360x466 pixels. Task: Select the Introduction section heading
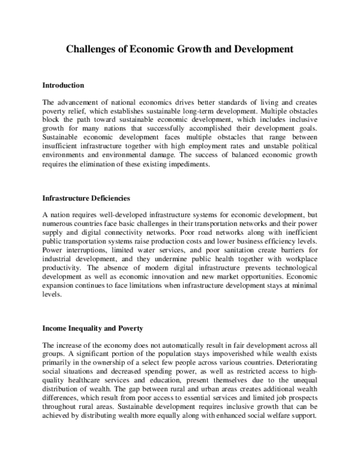coord(64,85)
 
